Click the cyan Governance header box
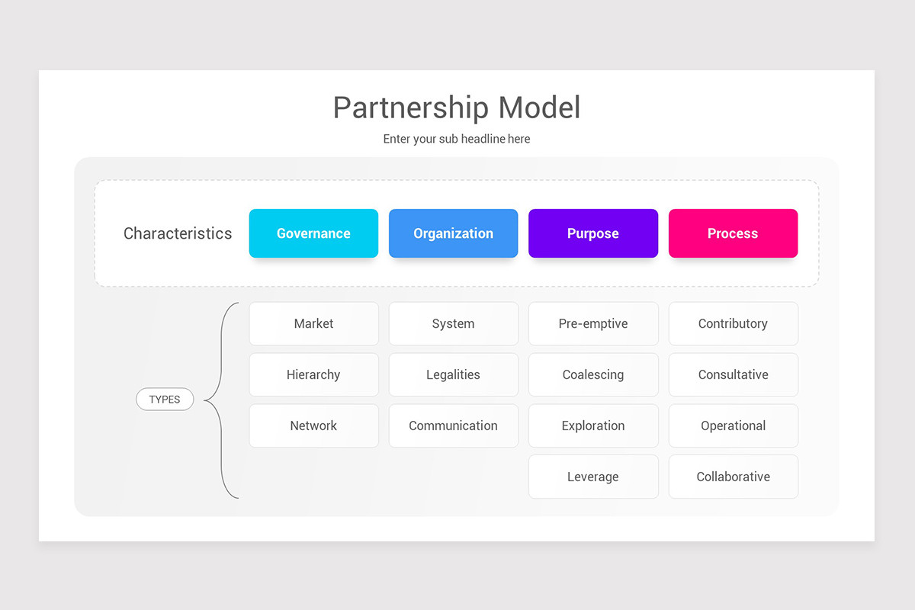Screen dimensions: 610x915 click(x=313, y=233)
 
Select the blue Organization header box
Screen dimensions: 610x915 click(x=453, y=233)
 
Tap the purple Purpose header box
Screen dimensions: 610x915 click(x=592, y=233)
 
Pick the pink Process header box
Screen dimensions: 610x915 click(x=733, y=233)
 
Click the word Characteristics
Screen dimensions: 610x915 click(x=178, y=233)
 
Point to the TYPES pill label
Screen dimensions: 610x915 click(x=165, y=400)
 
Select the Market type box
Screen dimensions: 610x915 click(x=313, y=323)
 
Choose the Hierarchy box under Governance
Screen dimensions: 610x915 click(x=313, y=374)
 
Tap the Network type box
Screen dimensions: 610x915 click(x=313, y=425)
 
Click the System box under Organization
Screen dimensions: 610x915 click(x=453, y=323)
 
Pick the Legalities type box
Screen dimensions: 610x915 click(x=453, y=374)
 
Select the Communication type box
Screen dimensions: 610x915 click(x=453, y=425)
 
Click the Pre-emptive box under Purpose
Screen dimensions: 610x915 click(x=592, y=323)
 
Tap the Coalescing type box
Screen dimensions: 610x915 click(x=592, y=374)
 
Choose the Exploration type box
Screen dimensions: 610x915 click(x=592, y=425)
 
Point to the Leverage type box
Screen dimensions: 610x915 click(x=592, y=477)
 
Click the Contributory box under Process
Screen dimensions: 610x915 click(x=733, y=323)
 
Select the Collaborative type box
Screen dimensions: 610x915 click(x=733, y=477)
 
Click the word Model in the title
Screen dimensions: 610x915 click(x=539, y=108)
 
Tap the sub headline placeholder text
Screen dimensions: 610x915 click(x=457, y=139)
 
